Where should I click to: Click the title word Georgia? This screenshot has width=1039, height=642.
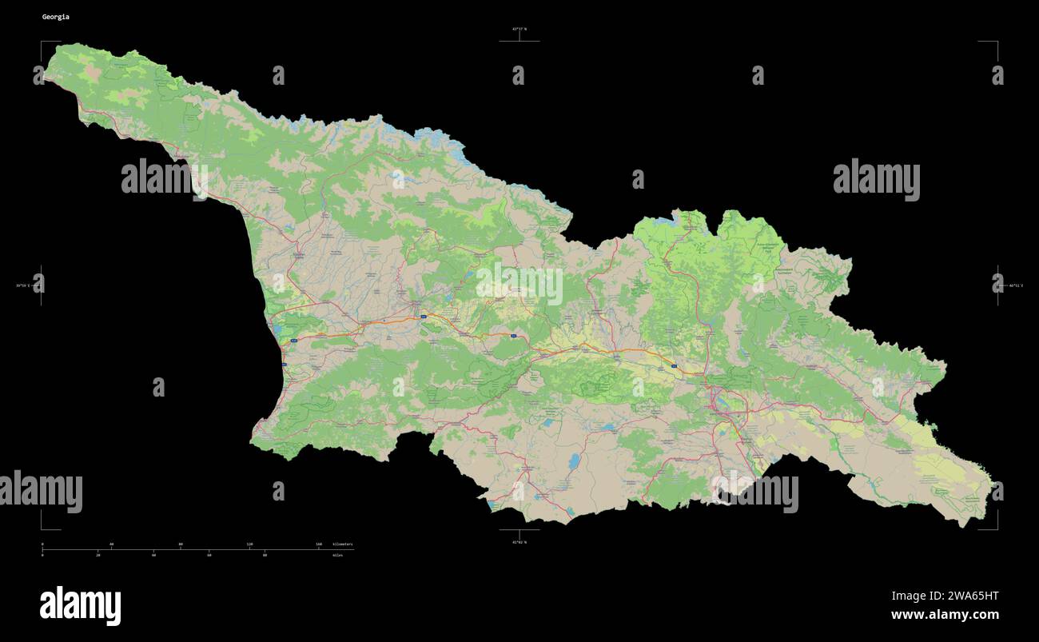pos(55,17)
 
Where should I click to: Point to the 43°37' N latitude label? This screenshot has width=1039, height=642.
pos(519,29)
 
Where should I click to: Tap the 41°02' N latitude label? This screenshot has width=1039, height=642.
pos(519,542)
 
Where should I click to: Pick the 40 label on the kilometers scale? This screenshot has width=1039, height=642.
pos(111,544)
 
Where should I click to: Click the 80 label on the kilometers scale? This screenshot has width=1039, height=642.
pos(181,544)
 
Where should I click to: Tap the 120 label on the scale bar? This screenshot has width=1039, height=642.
pos(249,544)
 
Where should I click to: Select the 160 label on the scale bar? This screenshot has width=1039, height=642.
pos(318,544)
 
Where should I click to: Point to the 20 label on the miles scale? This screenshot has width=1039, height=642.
pos(98,554)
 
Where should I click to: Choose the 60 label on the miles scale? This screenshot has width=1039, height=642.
pos(209,554)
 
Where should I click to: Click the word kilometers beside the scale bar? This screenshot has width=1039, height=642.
pos(343,544)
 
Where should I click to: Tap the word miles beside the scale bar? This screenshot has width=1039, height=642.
pos(338,554)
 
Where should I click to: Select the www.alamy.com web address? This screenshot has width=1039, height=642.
pos(945,615)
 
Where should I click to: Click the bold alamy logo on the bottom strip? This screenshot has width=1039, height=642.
pos(80,605)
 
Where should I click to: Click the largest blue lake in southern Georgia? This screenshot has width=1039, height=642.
pos(574,461)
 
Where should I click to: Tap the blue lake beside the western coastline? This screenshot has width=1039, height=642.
pos(277,329)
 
